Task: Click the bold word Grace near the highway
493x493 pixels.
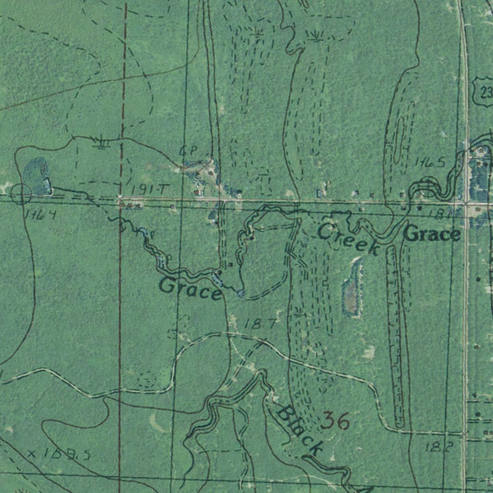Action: pyautogui.click(x=432, y=234)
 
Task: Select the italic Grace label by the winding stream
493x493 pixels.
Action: pyautogui.click(x=190, y=288)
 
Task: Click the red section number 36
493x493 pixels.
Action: pyautogui.click(x=335, y=421)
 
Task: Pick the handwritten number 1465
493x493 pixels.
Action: pyautogui.click(x=430, y=163)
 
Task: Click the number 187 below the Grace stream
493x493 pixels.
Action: pyautogui.click(x=260, y=324)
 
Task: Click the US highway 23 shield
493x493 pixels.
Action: pyautogui.click(x=483, y=91)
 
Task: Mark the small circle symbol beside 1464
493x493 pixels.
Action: pyautogui.click(x=21, y=195)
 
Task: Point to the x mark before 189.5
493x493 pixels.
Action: pyautogui.click(x=32, y=453)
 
